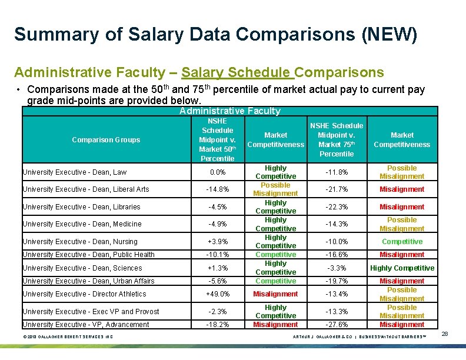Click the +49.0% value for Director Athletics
pyautogui.click(x=217, y=294)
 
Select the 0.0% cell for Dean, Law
pyautogui.click(x=217, y=172)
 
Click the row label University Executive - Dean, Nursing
pyautogui.click(x=80, y=242)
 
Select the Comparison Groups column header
pyautogui.click(x=106, y=140)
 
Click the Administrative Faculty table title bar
pyautogui.click(x=230, y=111)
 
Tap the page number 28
pyautogui.click(x=445, y=334)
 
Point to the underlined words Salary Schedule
pyautogui.click(x=237, y=72)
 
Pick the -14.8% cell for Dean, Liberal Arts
pyautogui.click(x=217, y=189)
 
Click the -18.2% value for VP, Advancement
pyautogui.click(x=217, y=325)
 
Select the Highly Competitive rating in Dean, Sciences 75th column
pyautogui.click(x=402, y=268)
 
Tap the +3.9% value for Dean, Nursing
pyautogui.click(x=217, y=242)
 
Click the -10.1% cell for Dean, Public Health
pyautogui.click(x=217, y=255)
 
